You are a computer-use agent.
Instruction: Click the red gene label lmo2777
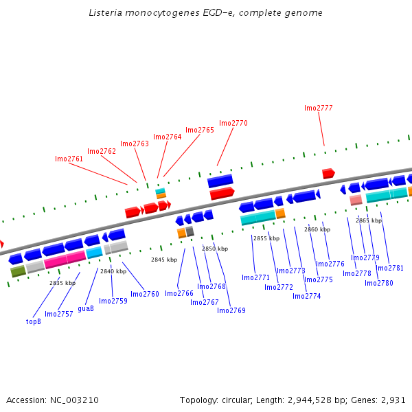(x=319, y=108)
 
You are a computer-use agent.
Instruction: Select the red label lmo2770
(x=233, y=123)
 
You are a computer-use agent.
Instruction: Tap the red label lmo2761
(x=69, y=159)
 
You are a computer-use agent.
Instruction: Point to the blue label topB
(x=34, y=321)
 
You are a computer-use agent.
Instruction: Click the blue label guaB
(x=86, y=308)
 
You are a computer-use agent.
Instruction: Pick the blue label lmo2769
(x=231, y=310)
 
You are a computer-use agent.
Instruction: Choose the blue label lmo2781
(x=390, y=268)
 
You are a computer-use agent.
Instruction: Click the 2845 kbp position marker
(x=164, y=260)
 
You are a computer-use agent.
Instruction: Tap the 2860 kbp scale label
(x=317, y=229)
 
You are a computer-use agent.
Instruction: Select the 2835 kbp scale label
(x=62, y=283)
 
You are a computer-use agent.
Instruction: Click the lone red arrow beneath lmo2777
(x=328, y=174)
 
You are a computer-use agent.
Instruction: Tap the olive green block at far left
(x=18, y=272)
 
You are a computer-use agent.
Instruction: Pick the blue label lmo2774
(x=307, y=296)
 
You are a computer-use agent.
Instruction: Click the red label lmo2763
(x=135, y=144)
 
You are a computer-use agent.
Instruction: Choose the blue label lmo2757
(x=59, y=314)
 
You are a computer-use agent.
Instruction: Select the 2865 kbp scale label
(x=369, y=220)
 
